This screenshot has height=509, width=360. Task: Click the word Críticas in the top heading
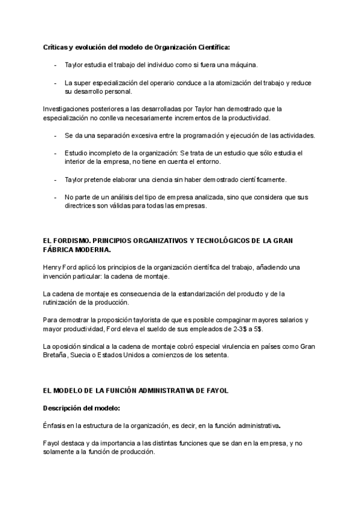[x=56, y=46]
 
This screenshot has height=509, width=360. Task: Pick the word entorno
[x=208, y=162]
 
